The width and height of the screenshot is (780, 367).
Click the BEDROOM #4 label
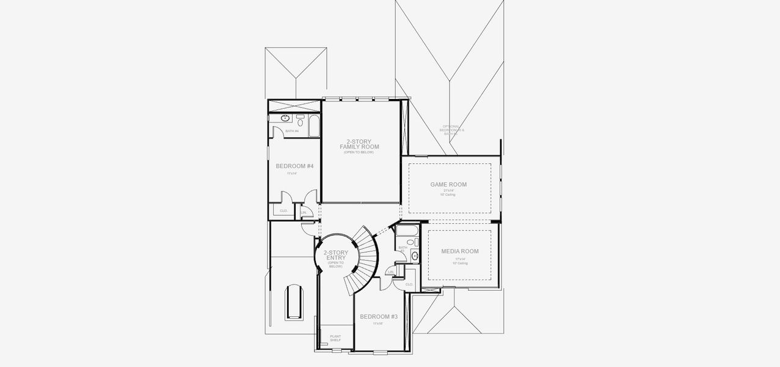[x=294, y=166]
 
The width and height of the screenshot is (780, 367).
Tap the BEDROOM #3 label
[x=379, y=316]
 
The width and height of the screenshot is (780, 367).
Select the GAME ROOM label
[x=449, y=184]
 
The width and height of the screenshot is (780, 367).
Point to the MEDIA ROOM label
[x=460, y=251]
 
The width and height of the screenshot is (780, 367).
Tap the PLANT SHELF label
[x=335, y=338]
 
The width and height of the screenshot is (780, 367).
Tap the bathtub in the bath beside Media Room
[x=406, y=231]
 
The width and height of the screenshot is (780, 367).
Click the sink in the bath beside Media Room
[x=415, y=255]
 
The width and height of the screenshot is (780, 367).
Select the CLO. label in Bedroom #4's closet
[x=283, y=210]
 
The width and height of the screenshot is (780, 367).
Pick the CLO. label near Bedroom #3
[x=409, y=284]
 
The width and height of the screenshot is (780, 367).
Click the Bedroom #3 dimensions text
[x=379, y=324]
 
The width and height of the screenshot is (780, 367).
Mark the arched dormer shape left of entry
[x=294, y=300]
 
